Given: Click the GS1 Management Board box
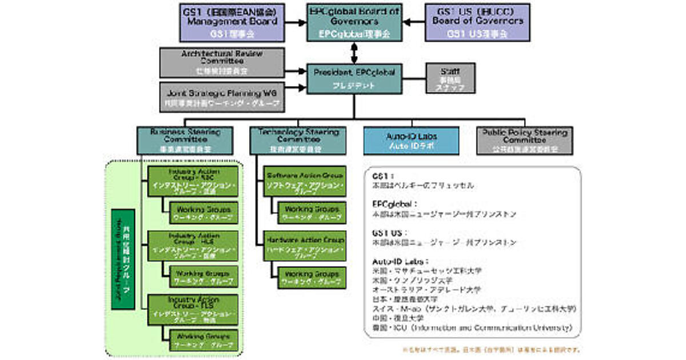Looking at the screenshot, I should pos(232,23).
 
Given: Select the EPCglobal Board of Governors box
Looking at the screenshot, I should pos(354,23).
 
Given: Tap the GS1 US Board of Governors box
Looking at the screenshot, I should pos(477,23).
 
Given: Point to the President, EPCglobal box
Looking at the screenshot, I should pos(354,79).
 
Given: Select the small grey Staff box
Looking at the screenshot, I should pos(446,78).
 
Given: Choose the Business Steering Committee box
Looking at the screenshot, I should pos(185,140).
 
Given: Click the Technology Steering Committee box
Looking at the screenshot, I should pos(298,140).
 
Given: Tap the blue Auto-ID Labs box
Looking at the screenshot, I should pos(412,141).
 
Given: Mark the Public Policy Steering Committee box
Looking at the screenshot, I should pos(524,141).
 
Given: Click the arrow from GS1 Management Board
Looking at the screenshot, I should pos(295,23).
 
